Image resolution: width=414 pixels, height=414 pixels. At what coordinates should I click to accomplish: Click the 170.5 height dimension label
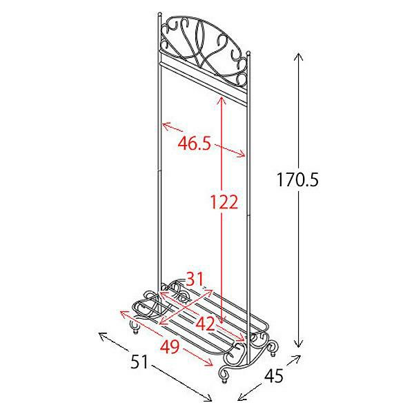coord(297,179)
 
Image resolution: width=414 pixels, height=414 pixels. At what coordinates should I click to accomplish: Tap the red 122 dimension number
coord(224,202)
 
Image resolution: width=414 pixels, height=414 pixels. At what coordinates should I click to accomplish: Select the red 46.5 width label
coord(195,144)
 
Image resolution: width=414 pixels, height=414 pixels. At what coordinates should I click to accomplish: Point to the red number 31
coord(195,279)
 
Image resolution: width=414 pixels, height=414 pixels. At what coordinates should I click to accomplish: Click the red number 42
coord(205,324)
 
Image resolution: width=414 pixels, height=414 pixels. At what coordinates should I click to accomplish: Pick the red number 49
coord(170,346)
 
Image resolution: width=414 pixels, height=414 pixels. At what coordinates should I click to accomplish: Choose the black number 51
coord(140,362)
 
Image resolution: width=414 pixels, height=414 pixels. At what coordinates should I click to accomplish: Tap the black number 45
coord(274,375)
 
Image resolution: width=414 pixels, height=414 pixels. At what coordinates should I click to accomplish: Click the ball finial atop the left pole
coord(159,14)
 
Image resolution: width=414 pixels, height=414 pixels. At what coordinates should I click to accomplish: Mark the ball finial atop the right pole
coord(248,53)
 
